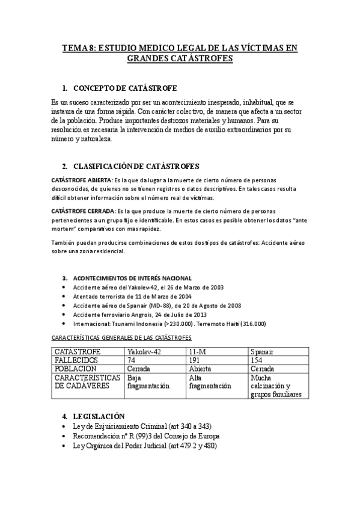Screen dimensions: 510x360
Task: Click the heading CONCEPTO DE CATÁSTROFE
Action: [x=124, y=88]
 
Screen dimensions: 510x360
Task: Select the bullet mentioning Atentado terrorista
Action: [x=133, y=297]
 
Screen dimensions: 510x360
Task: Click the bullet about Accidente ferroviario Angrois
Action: [x=141, y=315]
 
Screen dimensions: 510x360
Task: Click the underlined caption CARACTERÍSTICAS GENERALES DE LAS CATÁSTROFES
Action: [x=121, y=337]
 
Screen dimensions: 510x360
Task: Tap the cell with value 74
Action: [x=132, y=360]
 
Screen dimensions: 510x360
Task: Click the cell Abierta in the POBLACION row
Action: [x=201, y=369]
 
